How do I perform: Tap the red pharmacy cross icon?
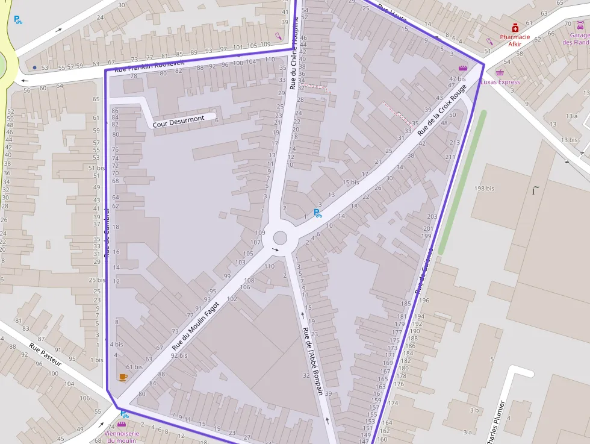tap(515, 28)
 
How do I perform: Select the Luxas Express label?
tap(500, 82)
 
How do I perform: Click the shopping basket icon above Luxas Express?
tap(500, 72)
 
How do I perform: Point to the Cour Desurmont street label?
tap(178, 121)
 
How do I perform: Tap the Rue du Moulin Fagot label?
tap(194, 326)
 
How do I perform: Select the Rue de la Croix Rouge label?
tap(442, 108)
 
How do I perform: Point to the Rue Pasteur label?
tap(45, 355)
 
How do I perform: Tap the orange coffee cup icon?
tap(123, 377)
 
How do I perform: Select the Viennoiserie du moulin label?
tap(122, 437)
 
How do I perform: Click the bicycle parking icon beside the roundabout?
tap(318, 213)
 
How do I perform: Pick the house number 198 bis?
tap(483, 189)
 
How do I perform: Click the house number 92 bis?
tap(179, 355)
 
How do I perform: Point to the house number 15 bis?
tap(350, 182)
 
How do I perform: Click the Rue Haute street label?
tap(392, 14)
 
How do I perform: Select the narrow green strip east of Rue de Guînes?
tap(461, 181)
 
